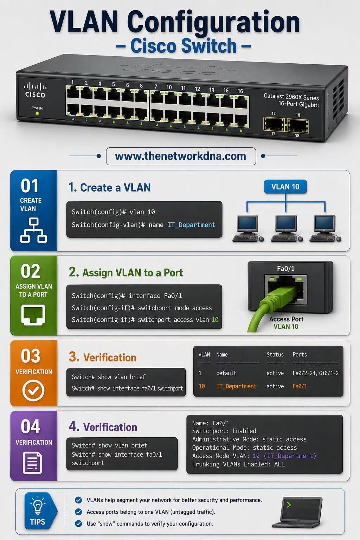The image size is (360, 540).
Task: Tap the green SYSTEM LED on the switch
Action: point(37,113)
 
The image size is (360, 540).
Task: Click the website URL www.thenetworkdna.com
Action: point(181,156)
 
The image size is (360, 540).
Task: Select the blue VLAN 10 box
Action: point(285,187)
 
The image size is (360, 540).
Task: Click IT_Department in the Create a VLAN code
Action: point(191,225)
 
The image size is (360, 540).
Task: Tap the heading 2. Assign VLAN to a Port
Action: point(126,273)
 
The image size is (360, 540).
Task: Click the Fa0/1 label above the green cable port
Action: point(286,269)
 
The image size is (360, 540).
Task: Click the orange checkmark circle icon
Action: point(33,390)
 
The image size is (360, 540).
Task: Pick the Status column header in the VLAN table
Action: point(275,354)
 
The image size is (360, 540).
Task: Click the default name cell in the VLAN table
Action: point(226,373)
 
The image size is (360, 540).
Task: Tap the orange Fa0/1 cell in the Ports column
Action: point(300,386)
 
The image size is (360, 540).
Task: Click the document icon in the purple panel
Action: point(32,463)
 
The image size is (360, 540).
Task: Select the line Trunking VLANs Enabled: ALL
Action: point(238,464)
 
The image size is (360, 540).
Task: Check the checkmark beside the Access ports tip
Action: point(78,512)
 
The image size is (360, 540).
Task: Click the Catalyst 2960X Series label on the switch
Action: point(291,97)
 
